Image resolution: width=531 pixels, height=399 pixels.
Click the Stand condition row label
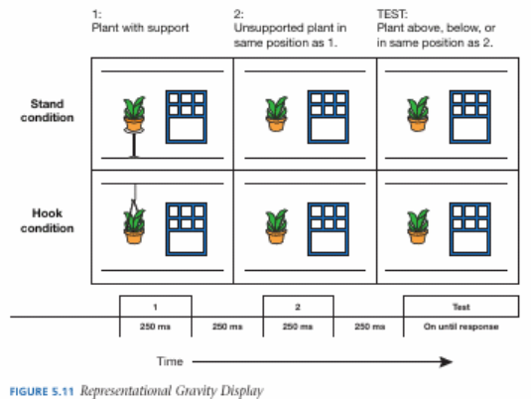pos(47,110)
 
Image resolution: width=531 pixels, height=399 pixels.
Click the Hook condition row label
pos(47,220)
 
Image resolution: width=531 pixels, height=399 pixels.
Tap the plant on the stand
pos(134,114)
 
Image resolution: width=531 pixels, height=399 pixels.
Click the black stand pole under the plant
pos(134,146)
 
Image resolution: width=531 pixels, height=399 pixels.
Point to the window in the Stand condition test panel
pos(470,117)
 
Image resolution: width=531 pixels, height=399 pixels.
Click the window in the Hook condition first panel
pos(187,229)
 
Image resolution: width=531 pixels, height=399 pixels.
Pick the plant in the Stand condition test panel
pos(418,114)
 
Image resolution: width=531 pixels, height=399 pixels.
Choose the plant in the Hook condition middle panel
pos(276,226)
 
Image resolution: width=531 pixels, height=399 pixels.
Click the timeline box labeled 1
pos(156,307)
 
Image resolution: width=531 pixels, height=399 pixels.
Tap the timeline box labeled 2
pos(298,307)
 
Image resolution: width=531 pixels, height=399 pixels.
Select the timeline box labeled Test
pos(461,307)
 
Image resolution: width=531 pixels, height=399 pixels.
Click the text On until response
pos(461,327)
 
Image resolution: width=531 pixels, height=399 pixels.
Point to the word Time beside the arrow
pos(170,361)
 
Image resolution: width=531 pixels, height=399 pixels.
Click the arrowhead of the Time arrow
pos(447,361)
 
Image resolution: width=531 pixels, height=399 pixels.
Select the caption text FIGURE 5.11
pos(42,391)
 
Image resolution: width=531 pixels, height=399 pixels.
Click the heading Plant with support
pos(140,28)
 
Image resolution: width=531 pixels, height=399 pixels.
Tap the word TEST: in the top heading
pos(392,14)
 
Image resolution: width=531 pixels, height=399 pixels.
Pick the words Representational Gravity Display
pos(172,391)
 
